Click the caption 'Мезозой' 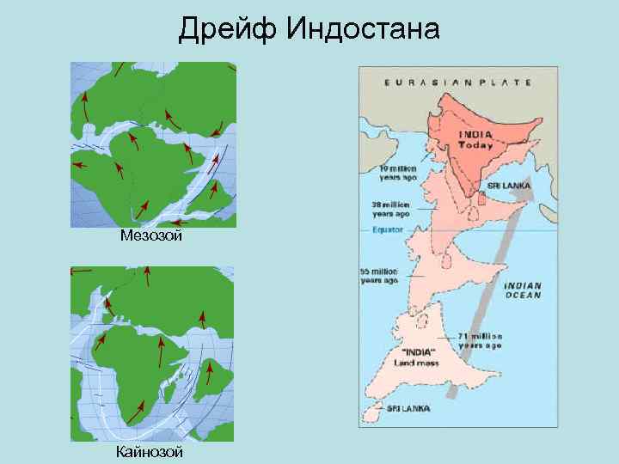tap(151, 235)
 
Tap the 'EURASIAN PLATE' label tap(457, 82)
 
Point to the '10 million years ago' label tap(398, 173)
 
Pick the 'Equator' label tap(389, 230)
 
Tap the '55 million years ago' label tap(378, 276)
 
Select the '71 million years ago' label tap(481, 340)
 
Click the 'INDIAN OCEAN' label tap(523, 290)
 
